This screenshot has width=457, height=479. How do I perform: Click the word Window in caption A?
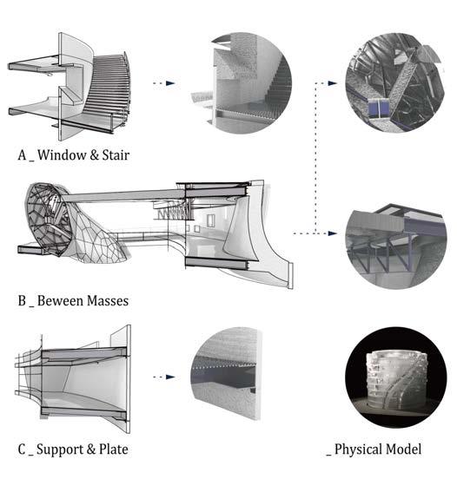click(x=62, y=154)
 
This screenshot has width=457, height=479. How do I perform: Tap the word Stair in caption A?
click(x=116, y=154)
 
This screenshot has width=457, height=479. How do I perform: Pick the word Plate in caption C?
click(x=114, y=449)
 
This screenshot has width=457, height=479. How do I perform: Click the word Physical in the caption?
click(x=359, y=449)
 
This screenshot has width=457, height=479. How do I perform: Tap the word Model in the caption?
click(x=403, y=449)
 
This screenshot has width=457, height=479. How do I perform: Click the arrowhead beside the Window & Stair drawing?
click(x=170, y=83)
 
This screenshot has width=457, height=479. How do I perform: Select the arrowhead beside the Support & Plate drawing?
click(x=170, y=377)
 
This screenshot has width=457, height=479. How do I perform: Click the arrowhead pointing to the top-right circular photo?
click(x=332, y=83)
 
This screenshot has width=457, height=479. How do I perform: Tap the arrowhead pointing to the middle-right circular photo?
click(x=332, y=233)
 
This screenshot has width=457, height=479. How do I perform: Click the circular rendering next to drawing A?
click(x=242, y=83)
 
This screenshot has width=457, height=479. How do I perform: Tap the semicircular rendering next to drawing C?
click(x=227, y=373)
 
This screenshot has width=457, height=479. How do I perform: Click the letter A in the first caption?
click(x=22, y=154)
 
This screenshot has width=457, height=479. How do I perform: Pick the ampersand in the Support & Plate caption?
click(x=91, y=449)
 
